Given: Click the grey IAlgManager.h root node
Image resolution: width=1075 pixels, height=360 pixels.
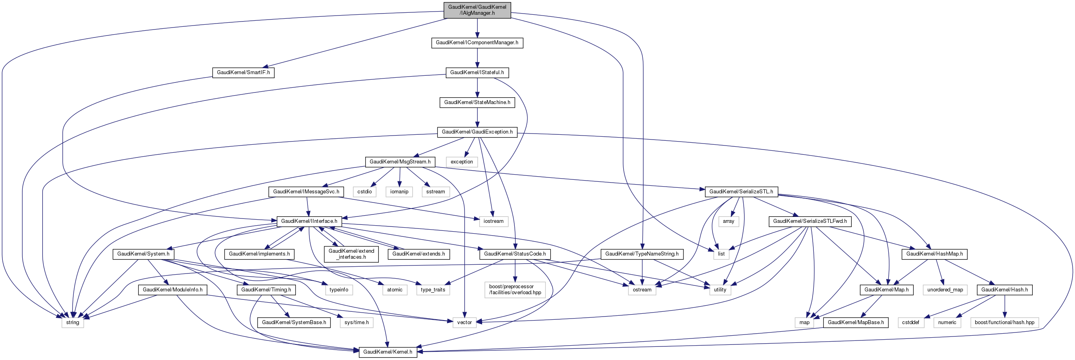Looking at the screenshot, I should point(477,10).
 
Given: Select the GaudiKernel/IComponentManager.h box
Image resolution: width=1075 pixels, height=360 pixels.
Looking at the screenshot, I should point(477,43).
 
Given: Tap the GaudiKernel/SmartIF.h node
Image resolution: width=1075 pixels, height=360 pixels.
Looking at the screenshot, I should point(243,73).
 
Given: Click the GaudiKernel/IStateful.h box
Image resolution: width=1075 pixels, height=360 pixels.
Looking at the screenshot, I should point(477,73).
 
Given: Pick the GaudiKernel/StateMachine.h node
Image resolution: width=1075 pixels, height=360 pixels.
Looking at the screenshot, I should point(477,102).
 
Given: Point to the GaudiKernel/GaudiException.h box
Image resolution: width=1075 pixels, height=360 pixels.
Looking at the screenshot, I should point(477,132).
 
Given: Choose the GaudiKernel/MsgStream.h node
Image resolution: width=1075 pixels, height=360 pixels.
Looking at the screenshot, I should point(400,162).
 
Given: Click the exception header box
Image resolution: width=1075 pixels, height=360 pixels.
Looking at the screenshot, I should point(462,162).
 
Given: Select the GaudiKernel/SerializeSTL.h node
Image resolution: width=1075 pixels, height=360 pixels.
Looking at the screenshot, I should point(741,192).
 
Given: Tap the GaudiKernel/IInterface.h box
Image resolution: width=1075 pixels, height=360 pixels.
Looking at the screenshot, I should point(309,221).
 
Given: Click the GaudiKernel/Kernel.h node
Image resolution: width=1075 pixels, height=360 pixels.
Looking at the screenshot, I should point(388,352).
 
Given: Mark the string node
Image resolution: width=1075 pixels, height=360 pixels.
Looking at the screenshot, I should point(73,323).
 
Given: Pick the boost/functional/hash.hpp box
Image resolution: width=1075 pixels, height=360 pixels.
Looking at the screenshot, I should point(1004,323).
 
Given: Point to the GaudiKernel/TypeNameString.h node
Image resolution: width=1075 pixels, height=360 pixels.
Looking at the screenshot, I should point(642,254).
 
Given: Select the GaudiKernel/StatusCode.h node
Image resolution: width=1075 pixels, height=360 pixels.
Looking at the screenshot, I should point(514,254).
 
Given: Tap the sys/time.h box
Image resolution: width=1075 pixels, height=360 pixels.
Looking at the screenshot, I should point(356,323).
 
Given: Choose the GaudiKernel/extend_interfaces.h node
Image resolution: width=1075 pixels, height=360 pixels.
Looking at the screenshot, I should point(351,254).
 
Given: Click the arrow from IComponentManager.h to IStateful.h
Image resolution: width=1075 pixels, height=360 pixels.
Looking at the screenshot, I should point(477,57).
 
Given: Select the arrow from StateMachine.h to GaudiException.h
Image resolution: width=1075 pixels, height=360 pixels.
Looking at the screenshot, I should point(477,117).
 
